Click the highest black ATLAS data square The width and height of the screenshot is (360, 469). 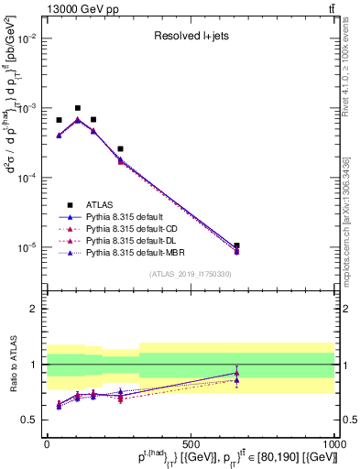tap(78, 108)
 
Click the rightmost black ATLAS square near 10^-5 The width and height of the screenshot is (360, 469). tap(237, 245)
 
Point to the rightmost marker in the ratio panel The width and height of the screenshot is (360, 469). tap(237, 373)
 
